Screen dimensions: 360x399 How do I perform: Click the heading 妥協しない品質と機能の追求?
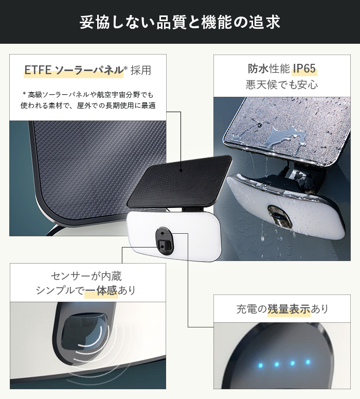180,22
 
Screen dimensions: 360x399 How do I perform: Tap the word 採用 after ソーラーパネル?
141,70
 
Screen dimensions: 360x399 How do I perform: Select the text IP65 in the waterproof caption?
304,68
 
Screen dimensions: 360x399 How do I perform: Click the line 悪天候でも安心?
282,84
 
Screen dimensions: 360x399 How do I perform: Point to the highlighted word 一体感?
101,290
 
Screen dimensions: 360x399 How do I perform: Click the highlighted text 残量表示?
289,309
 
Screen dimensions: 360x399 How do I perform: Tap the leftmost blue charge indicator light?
260,366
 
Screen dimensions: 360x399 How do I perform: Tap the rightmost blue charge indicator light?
308,361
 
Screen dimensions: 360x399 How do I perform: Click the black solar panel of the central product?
179,181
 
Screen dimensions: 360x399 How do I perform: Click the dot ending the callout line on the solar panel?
181,170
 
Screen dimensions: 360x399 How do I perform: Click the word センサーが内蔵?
86,276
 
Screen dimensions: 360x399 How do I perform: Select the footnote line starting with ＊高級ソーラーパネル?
88,95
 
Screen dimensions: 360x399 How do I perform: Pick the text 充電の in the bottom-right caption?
251,309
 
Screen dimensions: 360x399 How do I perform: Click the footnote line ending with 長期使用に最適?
88,106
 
